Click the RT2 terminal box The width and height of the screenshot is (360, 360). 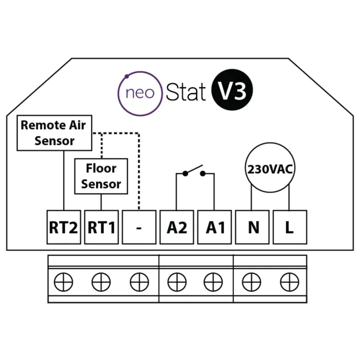click(x=63, y=227)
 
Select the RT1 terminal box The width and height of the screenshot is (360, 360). click(x=101, y=227)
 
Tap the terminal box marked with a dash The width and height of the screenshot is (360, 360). click(x=139, y=227)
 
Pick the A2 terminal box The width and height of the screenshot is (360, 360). click(x=177, y=227)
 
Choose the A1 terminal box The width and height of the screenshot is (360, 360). click(x=215, y=227)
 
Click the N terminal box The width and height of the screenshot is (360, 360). click(x=253, y=227)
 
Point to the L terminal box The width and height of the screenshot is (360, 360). click(x=289, y=227)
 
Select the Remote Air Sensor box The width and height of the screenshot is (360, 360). click(x=54, y=133)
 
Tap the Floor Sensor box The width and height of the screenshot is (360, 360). click(x=101, y=176)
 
